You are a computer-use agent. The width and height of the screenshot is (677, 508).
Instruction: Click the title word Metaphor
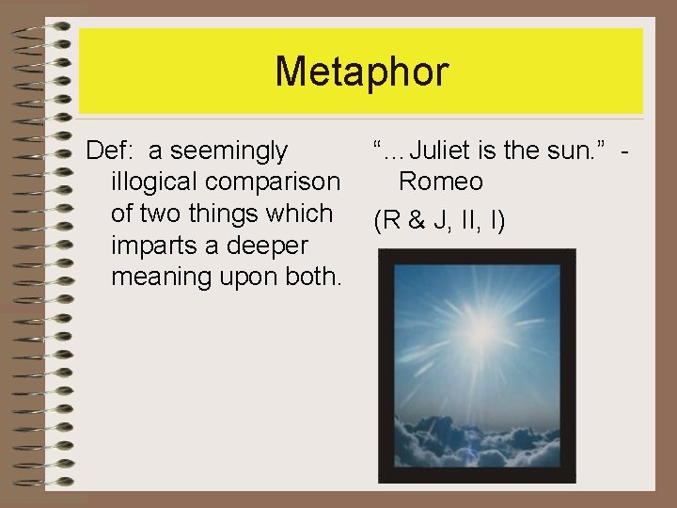pos(361,71)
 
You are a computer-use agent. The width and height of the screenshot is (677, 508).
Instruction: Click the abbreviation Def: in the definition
pos(110,150)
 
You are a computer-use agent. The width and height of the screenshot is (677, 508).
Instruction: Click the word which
pos(299,214)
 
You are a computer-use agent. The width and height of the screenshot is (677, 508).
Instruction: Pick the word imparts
pos(156,246)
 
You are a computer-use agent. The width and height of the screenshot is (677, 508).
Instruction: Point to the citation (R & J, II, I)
pos(439,222)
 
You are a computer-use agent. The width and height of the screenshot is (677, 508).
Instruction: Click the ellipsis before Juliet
pos(395,151)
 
